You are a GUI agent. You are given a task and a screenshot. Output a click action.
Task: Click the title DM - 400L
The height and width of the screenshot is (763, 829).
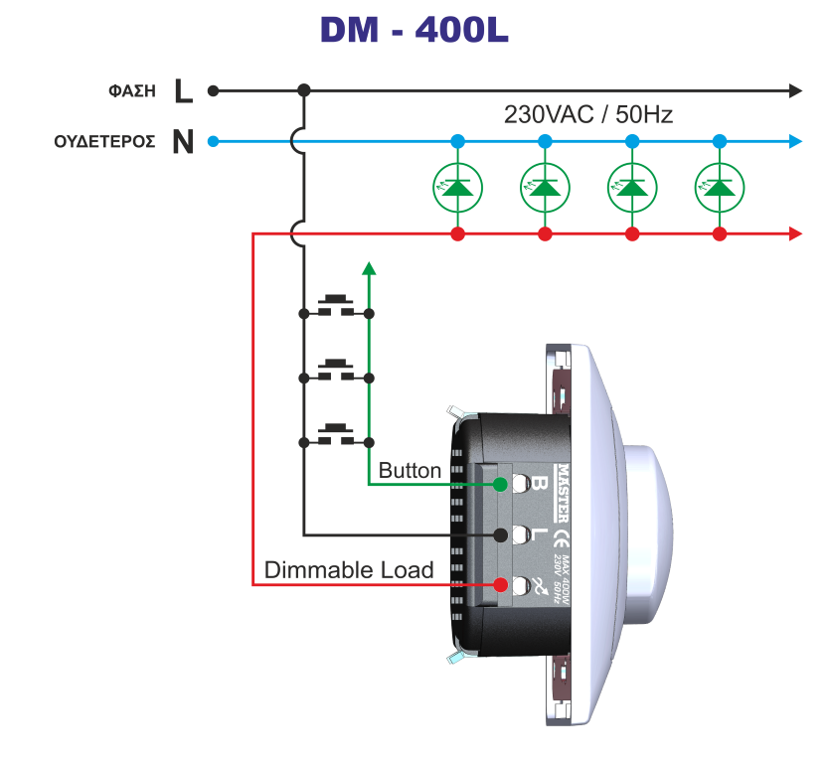414,30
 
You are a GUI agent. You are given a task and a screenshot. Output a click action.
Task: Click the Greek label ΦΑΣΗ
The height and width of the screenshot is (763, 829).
132,91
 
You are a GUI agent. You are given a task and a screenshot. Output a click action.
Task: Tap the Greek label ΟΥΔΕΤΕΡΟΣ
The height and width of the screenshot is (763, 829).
104,142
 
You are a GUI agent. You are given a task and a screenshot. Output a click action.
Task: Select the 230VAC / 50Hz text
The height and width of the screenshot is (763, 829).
588,114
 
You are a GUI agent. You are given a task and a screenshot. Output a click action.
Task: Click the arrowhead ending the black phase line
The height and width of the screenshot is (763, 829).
795,90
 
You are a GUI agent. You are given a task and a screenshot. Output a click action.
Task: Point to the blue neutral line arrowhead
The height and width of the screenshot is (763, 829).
795,141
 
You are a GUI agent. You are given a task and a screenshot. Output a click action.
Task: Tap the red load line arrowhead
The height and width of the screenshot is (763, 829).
795,233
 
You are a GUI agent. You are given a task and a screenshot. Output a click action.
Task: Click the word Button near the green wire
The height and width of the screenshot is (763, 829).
410,471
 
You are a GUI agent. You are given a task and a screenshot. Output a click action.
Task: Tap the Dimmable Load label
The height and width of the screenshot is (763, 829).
349,570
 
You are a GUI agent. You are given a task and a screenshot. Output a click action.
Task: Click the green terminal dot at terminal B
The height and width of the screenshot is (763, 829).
500,484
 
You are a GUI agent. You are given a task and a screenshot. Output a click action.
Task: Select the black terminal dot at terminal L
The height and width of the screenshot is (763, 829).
500,534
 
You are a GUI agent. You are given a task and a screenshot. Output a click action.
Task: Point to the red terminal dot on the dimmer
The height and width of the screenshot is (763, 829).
500,585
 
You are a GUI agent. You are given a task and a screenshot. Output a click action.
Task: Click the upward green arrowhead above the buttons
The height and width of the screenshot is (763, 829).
369,267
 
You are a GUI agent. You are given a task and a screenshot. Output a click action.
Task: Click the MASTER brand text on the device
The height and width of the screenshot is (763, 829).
562,493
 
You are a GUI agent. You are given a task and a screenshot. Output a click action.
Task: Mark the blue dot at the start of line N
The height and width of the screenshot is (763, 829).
213,141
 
